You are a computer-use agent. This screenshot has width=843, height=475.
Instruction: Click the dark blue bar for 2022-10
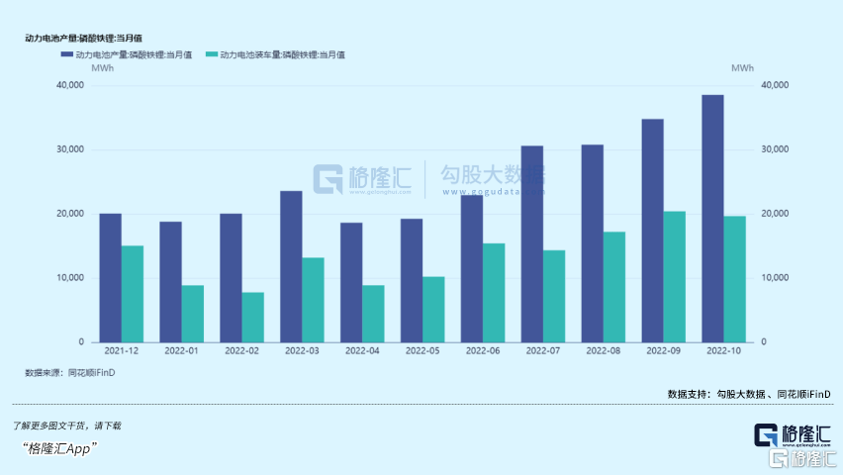tap(712, 219)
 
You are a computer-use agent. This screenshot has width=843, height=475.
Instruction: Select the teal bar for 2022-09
tap(674, 277)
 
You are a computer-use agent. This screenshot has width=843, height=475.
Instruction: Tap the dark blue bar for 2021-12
tap(110, 278)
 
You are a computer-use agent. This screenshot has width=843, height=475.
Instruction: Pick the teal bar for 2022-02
tap(252, 318)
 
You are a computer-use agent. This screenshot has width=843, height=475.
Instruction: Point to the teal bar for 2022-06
tap(494, 293)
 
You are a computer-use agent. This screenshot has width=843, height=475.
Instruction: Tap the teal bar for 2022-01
tap(192, 314)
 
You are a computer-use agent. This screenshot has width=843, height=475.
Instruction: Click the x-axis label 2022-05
tap(422, 350)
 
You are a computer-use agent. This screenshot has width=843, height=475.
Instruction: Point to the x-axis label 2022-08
tap(603, 350)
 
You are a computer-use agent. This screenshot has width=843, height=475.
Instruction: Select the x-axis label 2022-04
tap(362, 350)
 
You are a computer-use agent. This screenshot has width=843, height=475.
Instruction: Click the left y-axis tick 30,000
tap(69, 149)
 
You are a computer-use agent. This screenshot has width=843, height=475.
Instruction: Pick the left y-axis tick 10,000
tap(69, 278)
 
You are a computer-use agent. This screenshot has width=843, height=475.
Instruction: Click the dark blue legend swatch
tap(65, 54)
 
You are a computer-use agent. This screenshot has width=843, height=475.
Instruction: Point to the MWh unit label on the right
tap(742, 68)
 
